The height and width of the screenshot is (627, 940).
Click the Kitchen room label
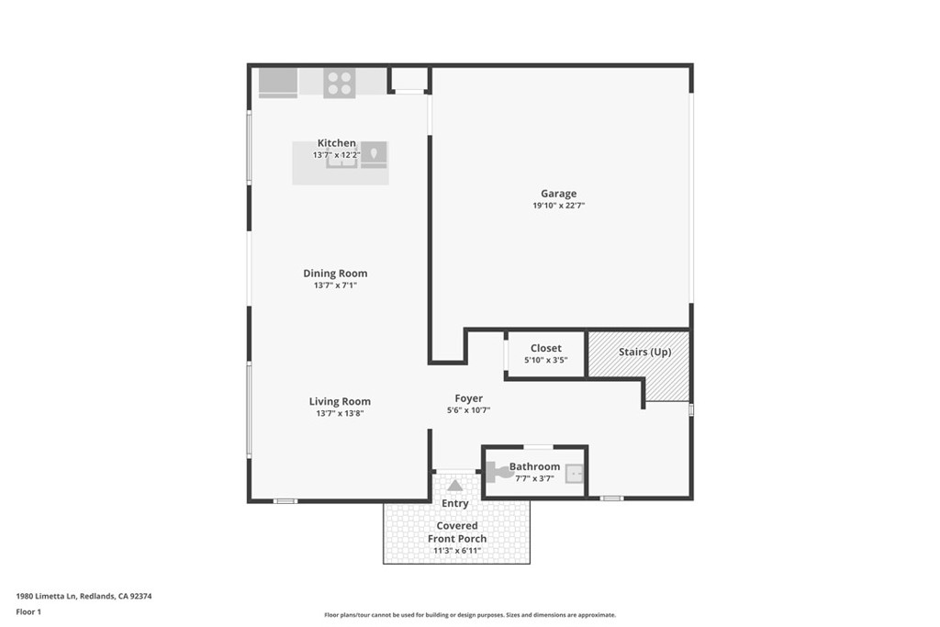click(336, 142)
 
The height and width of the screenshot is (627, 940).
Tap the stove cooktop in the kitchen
click(340, 84)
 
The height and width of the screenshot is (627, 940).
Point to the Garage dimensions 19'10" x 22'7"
click(559, 205)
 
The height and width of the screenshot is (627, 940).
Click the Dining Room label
click(335, 274)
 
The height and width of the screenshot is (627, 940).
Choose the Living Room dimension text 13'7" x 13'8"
click(340, 413)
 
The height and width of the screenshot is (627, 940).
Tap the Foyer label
click(469, 398)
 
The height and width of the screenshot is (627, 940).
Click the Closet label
click(546, 348)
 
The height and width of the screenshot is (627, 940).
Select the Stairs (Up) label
click(645, 352)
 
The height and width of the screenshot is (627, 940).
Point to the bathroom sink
click(575, 474)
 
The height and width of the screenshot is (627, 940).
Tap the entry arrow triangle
click(455, 485)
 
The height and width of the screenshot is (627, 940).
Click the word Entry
click(455, 503)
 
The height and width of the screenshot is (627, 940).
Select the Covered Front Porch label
click(457, 532)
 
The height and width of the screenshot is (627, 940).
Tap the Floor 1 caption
click(28, 612)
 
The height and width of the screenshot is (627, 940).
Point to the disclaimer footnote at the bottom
click(470, 614)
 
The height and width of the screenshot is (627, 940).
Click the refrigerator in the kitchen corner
click(278, 82)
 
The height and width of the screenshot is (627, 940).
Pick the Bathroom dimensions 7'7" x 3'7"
click(535, 478)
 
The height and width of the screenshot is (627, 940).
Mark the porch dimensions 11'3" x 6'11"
click(457, 551)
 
